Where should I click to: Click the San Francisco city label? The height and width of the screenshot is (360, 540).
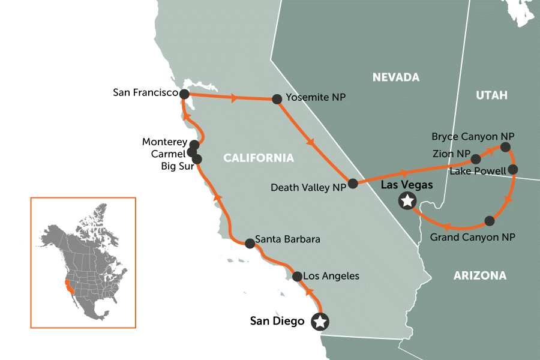click(x=146, y=92)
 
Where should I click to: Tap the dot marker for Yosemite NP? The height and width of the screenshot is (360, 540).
click(x=277, y=99)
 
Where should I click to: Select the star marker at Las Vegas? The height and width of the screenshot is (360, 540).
click(x=407, y=202)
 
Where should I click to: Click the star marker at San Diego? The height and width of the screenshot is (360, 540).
click(x=320, y=322)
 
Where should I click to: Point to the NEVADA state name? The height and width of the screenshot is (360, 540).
click(x=395, y=77)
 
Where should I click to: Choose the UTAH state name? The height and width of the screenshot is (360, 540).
click(x=491, y=95)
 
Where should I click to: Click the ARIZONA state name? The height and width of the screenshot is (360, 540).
click(x=479, y=276)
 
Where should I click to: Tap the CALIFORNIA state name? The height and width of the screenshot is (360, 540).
click(x=259, y=158)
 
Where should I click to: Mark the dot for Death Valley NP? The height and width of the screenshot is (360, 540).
click(x=353, y=183)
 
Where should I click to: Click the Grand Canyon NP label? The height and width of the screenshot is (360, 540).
click(x=473, y=238)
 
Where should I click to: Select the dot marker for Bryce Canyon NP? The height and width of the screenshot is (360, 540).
click(x=505, y=147)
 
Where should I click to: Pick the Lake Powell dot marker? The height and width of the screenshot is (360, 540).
click(x=513, y=170)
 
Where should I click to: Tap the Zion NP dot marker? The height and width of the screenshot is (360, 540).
click(x=475, y=159)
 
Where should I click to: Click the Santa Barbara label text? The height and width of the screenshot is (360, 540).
click(x=287, y=239)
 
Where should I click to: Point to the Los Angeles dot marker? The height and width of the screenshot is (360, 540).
click(x=296, y=276)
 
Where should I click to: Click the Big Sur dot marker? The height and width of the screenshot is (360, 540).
click(x=197, y=160)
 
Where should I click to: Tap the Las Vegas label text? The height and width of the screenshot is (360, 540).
click(x=407, y=185)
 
